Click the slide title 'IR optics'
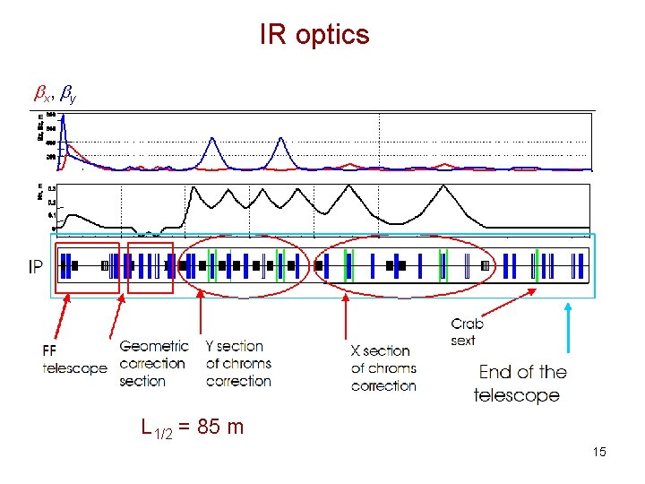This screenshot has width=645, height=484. tap(314, 35)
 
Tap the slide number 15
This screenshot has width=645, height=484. tap(599, 452)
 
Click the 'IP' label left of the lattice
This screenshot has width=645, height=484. tap(36, 266)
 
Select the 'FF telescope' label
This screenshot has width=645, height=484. tap(74, 359)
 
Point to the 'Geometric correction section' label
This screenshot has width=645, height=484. tap(153, 363)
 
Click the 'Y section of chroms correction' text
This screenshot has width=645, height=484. tap(238, 363)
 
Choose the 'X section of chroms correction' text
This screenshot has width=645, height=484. tap(383, 367)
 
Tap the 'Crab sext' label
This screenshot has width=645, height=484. tap(466, 333)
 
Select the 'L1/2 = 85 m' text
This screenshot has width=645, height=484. tap(192, 428)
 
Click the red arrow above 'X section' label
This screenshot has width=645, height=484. tap(347, 318)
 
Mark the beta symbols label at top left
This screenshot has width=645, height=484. tap(55, 91)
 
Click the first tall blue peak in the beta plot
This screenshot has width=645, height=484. tap(211, 141)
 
